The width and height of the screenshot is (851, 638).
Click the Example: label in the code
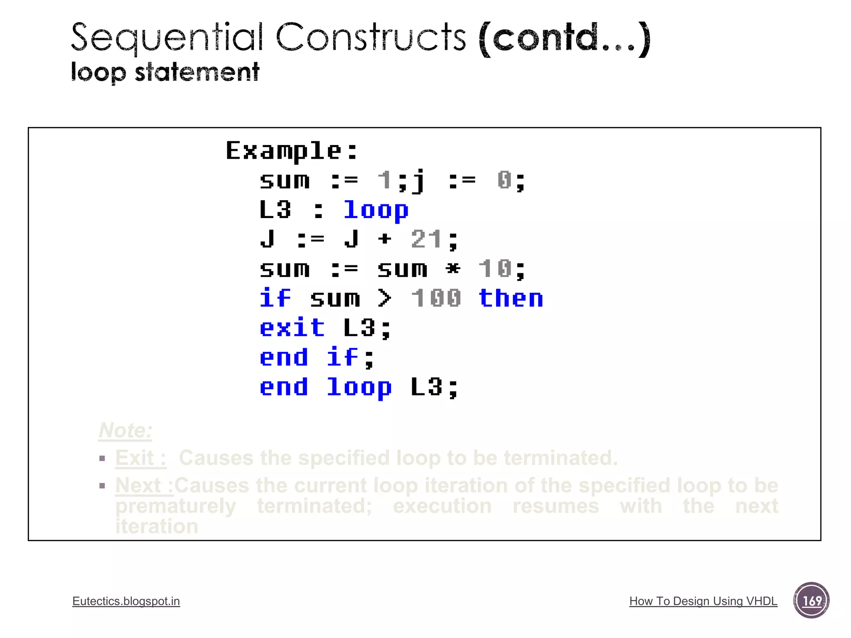click(x=291, y=150)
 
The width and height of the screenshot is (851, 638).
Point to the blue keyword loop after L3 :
click(x=376, y=210)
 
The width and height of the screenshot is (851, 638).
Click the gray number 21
click(x=426, y=239)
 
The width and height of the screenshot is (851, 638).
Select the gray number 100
click(x=436, y=298)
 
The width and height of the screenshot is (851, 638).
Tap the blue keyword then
click(x=511, y=298)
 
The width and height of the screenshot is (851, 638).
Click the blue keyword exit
click(x=292, y=328)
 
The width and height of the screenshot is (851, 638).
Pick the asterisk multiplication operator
click(x=453, y=269)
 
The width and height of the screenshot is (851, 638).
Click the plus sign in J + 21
click(x=385, y=239)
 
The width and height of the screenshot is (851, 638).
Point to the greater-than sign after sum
click(x=384, y=298)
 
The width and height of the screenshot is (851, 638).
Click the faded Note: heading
click(x=125, y=430)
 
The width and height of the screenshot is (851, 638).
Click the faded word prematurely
click(x=175, y=506)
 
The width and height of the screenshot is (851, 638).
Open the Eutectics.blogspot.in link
click(x=126, y=601)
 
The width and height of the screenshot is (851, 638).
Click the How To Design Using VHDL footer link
click(x=703, y=601)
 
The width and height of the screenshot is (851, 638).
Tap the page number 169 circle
click(x=811, y=600)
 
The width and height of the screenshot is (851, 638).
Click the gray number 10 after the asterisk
click(x=495, y=269)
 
